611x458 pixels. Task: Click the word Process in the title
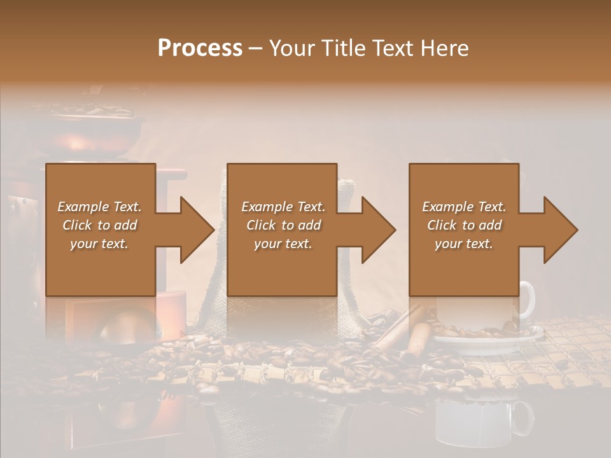coord(200,48)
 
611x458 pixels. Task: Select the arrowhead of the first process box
coord(196,230)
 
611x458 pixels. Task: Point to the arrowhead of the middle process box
coord(378,230)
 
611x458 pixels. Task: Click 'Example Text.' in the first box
coord(99,207)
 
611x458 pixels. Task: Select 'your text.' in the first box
coord(99,244)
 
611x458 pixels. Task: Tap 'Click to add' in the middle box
coord(283,225)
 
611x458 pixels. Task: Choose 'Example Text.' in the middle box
coord(283,207)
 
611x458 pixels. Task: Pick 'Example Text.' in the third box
coord(464,207)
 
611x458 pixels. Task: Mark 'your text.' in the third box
coord(464,244)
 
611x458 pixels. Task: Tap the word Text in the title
coord(396,48)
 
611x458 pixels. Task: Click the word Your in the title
coord(291,48)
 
